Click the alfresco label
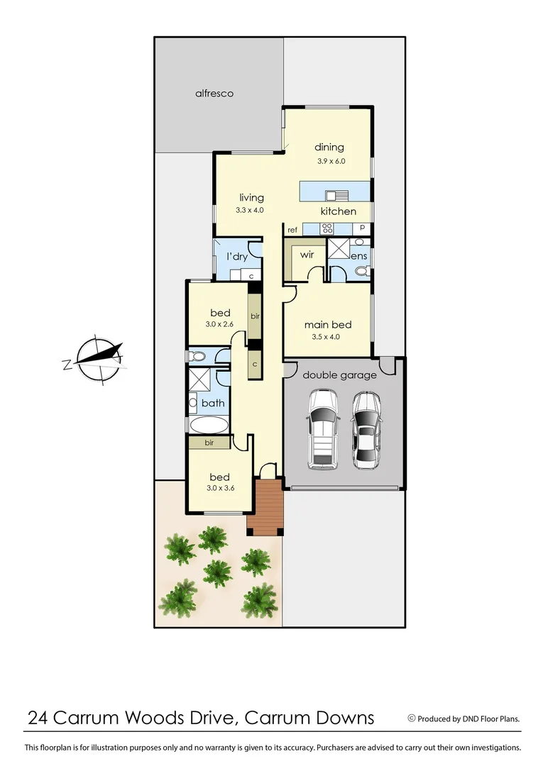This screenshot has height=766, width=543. coord(214,93)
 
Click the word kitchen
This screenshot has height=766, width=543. coord(338,211)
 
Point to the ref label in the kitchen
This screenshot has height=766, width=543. coord(292,230)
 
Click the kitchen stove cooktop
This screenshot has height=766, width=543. coord(327,228)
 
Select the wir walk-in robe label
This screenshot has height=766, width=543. coord(307,254)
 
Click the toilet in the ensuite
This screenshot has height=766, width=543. coord(361,271)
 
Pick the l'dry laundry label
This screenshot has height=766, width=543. coord(236,257)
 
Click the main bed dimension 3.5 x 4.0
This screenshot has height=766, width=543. coord(327,337)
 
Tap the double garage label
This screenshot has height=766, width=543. coord(339,375)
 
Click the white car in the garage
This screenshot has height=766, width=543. coord(322,430)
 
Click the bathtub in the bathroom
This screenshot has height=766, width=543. coord(209,426)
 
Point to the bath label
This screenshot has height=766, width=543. coord(213,403)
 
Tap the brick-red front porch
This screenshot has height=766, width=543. coord(265,506)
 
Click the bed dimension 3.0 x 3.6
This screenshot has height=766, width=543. coord(220,488)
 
